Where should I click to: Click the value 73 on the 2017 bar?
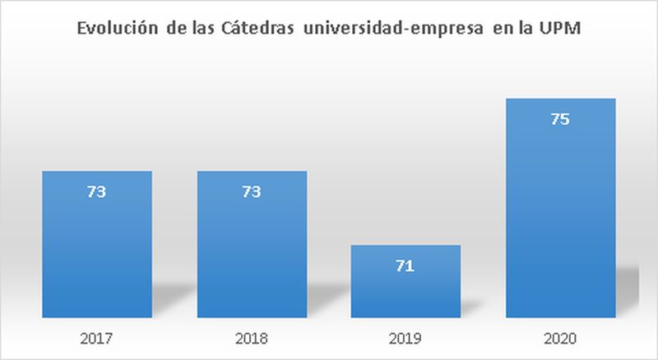97,192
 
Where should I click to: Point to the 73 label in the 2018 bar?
252,192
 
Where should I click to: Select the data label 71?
406,265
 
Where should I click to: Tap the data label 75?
560,120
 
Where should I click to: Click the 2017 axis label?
97,338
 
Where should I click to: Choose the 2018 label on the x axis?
252,338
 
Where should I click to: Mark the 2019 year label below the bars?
406,338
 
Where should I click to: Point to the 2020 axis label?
560,338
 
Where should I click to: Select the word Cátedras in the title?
253,30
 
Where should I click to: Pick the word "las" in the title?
200,30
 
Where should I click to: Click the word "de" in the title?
170,30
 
